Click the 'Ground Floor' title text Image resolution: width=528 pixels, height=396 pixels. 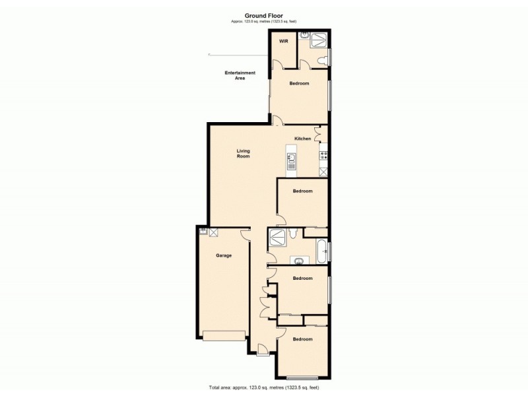click(264, 16)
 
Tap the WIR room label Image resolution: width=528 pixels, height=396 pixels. click(283, 41)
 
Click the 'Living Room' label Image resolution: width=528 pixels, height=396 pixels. click(244, 154)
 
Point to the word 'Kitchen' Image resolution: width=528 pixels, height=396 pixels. click(302, 139)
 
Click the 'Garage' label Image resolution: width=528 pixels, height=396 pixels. click(224, 255)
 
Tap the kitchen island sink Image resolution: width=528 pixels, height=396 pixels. click(291, 158)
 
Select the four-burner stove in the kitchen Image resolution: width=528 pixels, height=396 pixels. click(323, 156)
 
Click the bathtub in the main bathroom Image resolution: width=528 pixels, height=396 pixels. click(321, 251)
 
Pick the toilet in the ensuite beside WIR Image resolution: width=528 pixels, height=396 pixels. click(321, 61)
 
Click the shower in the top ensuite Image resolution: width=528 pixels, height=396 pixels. click(319, 40)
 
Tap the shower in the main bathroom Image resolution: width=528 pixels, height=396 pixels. click(278, 236)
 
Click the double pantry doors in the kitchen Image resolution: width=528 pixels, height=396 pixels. click(319, 134)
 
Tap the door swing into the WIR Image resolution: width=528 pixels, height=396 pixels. click(278, 64)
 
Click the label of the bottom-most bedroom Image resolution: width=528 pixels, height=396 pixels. click(302, 339)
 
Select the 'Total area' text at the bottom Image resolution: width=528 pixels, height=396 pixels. click(264, 387)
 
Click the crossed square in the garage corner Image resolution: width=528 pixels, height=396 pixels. click(214, 232)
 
